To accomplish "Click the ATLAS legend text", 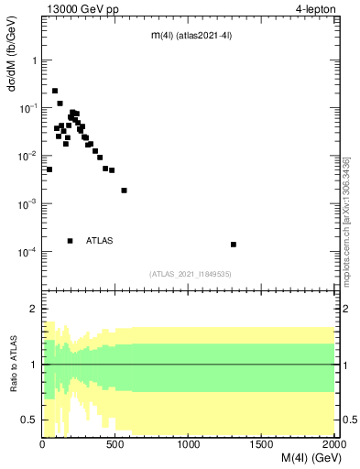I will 99,241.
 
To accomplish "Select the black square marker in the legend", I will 70,241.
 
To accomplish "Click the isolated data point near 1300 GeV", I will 234,245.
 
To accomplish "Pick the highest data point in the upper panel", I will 55,91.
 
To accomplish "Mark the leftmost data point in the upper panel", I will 49,169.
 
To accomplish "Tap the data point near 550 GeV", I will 124,191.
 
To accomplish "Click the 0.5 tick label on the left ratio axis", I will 29,420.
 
